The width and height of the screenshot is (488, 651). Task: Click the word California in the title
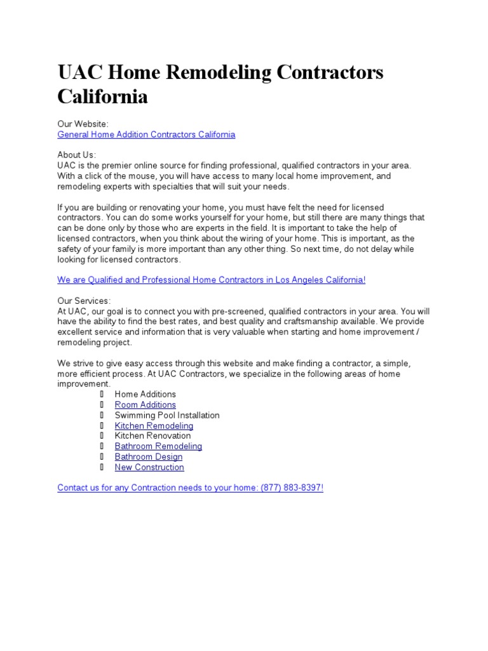102,97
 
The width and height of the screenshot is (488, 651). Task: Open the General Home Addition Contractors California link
146,135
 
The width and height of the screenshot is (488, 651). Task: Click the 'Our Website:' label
83,124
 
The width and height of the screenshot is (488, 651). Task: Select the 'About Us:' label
76,155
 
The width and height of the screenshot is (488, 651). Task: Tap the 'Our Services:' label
84,301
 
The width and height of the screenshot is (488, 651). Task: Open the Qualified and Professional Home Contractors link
211,280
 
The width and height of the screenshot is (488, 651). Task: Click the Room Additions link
145,405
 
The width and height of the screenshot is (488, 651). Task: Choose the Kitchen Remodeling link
154,426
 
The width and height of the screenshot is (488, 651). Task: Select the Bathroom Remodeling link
158,446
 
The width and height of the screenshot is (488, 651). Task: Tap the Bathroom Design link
148,457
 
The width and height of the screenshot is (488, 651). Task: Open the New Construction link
149,467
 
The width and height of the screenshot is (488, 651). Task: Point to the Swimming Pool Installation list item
167,415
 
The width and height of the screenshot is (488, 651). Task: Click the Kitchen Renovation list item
152,436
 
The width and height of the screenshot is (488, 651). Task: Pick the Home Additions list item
145,394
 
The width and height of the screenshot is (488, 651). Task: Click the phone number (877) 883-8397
291,488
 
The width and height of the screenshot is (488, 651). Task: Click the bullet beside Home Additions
101,394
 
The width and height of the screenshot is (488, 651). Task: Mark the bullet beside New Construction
101,467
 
